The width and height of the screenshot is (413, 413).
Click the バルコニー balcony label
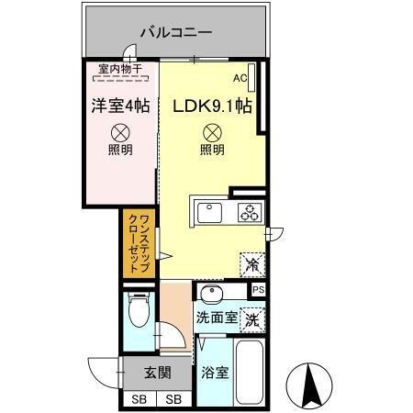175,32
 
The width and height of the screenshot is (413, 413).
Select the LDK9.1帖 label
213,106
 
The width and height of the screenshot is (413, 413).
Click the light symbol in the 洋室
120,132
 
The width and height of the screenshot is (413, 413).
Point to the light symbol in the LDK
210,132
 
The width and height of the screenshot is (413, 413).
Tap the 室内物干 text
120,67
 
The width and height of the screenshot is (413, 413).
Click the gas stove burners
250,212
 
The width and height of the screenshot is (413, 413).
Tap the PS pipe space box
258,291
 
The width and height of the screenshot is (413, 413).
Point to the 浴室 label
215,374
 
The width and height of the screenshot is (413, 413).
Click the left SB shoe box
139,399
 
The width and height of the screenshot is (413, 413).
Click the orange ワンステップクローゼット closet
134,244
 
